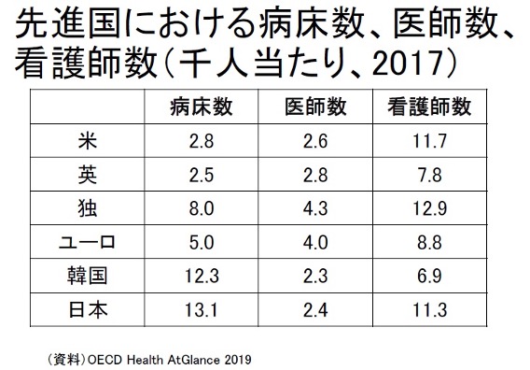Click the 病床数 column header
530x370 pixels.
pyautogui.click(x=202, y=107)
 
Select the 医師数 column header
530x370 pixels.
pyautogui.click(x=315, y=107)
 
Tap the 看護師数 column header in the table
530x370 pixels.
pyautogui.click(x=429, y=107)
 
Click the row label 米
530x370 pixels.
pyautogui.click(x=88, y=141)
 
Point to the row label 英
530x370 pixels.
pyautogui.click(x=88, y=175)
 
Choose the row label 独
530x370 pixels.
pyautogui.click(x=88, y=208)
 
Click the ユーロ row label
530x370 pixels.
pyautogui.click(x=87, y=242)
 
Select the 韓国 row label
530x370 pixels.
pyautogui.click(x=87, y=276)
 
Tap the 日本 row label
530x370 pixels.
pyautogui.click(x=88, y=310)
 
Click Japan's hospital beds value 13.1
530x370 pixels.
pyautogui.click(x=202, y=310)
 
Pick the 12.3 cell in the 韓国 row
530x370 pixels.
pyautogui.click(x=202, y=276)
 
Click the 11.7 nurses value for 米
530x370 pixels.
pyautogui.click(x=429, y=141)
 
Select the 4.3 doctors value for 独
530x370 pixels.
pyautogui.click(x=315, y=208)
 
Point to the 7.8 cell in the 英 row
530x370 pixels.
pyautogui.click(x=429, y=175)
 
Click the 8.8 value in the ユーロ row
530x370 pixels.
pyautogui.click(x=429, y=243)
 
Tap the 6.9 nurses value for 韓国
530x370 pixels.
pyautogui.click(x=429, y=276)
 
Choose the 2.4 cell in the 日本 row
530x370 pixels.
pyautogui.click(x=315, y=310)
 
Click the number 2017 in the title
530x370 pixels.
pyautogui.click(x=408, y=64)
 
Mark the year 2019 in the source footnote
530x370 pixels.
pyautogui.click(x=238, y=360)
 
